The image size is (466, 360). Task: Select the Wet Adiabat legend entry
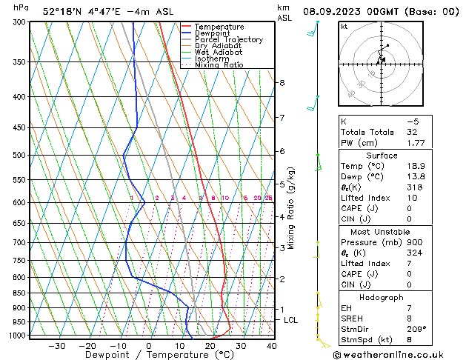(x=218, y=52)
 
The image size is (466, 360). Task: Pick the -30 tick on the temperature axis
(x=56, y=346)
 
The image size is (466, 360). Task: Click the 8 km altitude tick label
(x=282, y=82)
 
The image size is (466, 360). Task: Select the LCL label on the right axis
(x=291, y=320)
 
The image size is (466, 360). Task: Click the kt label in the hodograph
(x=344, y=26)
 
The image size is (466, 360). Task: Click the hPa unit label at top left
(x=21, y=7)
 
